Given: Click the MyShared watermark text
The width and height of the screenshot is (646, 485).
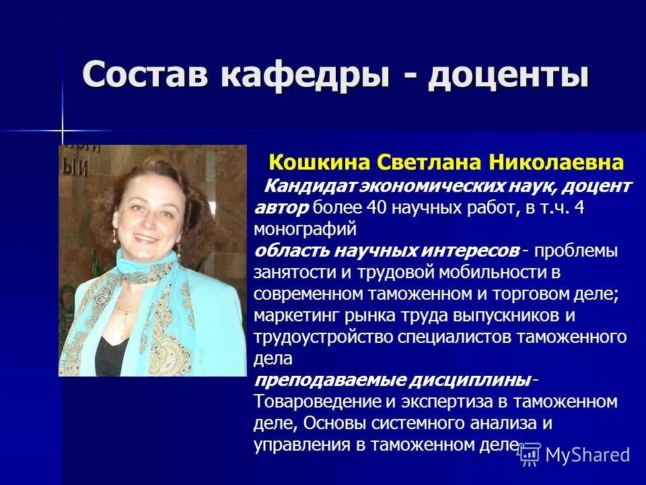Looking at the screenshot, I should tap(587, 455).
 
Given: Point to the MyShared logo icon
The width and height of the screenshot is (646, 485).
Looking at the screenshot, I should tap(530, 455).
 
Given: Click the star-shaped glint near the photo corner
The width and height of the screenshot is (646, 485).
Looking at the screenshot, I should tap(63, 129).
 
